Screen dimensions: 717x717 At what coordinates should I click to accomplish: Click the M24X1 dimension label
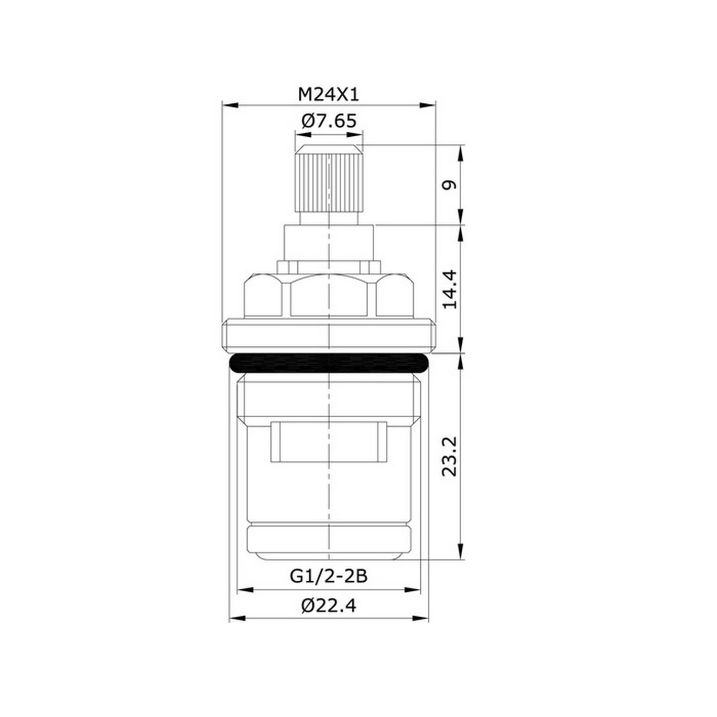(x=328, y=95)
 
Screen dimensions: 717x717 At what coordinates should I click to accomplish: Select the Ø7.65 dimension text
(x=328, y=121)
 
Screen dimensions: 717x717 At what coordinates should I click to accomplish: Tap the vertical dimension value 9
(x=449, y=185)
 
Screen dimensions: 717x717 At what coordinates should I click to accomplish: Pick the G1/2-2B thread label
(x=328, y=576)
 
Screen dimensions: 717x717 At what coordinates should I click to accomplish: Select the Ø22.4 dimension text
(x=328, y=606)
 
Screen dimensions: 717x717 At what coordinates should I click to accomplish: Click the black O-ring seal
(x=329, y=364)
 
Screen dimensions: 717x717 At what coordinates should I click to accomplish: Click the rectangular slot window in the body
(x=328, y=442)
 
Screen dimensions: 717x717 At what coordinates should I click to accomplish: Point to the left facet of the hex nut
(x=262, y=297)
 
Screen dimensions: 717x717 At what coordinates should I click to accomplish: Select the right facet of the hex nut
(x=395, y=297)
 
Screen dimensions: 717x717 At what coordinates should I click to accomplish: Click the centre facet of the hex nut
(x=328, y=297)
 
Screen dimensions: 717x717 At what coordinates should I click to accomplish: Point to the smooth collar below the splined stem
(x=328, y=242)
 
